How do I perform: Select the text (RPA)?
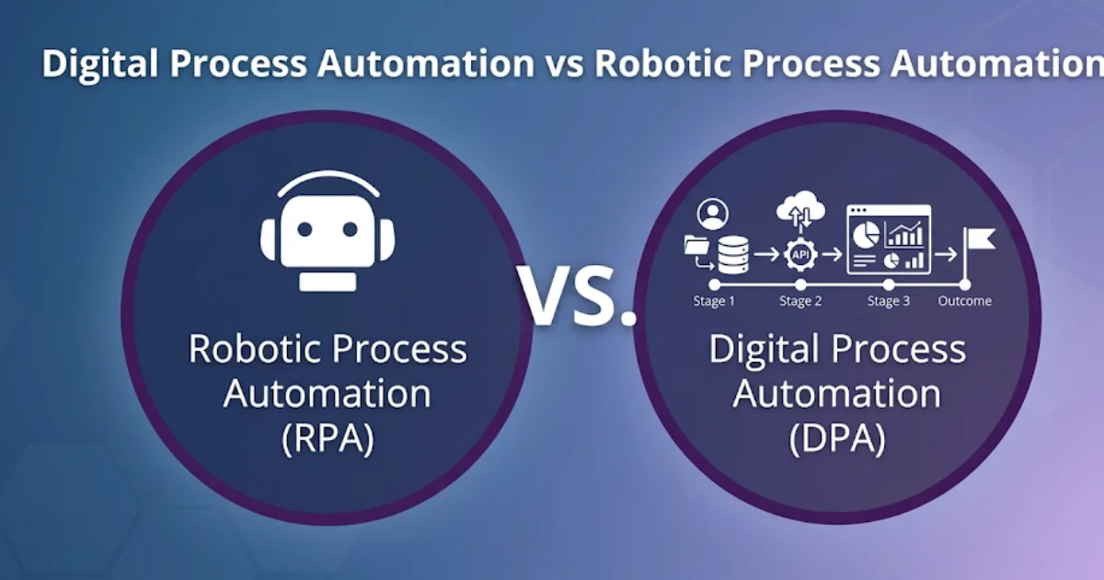(328, 438)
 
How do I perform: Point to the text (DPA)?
(837, 438)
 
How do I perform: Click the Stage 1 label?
(715, 301)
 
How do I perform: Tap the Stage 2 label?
(800, 301)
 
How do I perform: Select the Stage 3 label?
(889, 301)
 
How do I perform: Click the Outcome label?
(964, 301)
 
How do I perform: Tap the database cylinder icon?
(733, 254)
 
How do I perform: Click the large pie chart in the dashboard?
(865, 236)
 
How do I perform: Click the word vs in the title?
(564, 64)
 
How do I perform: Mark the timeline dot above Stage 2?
(800, 284)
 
